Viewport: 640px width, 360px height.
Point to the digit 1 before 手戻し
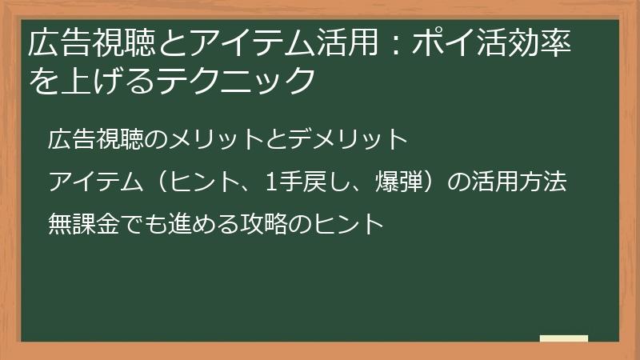point(271,182)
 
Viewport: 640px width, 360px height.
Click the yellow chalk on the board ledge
point(563,338)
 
